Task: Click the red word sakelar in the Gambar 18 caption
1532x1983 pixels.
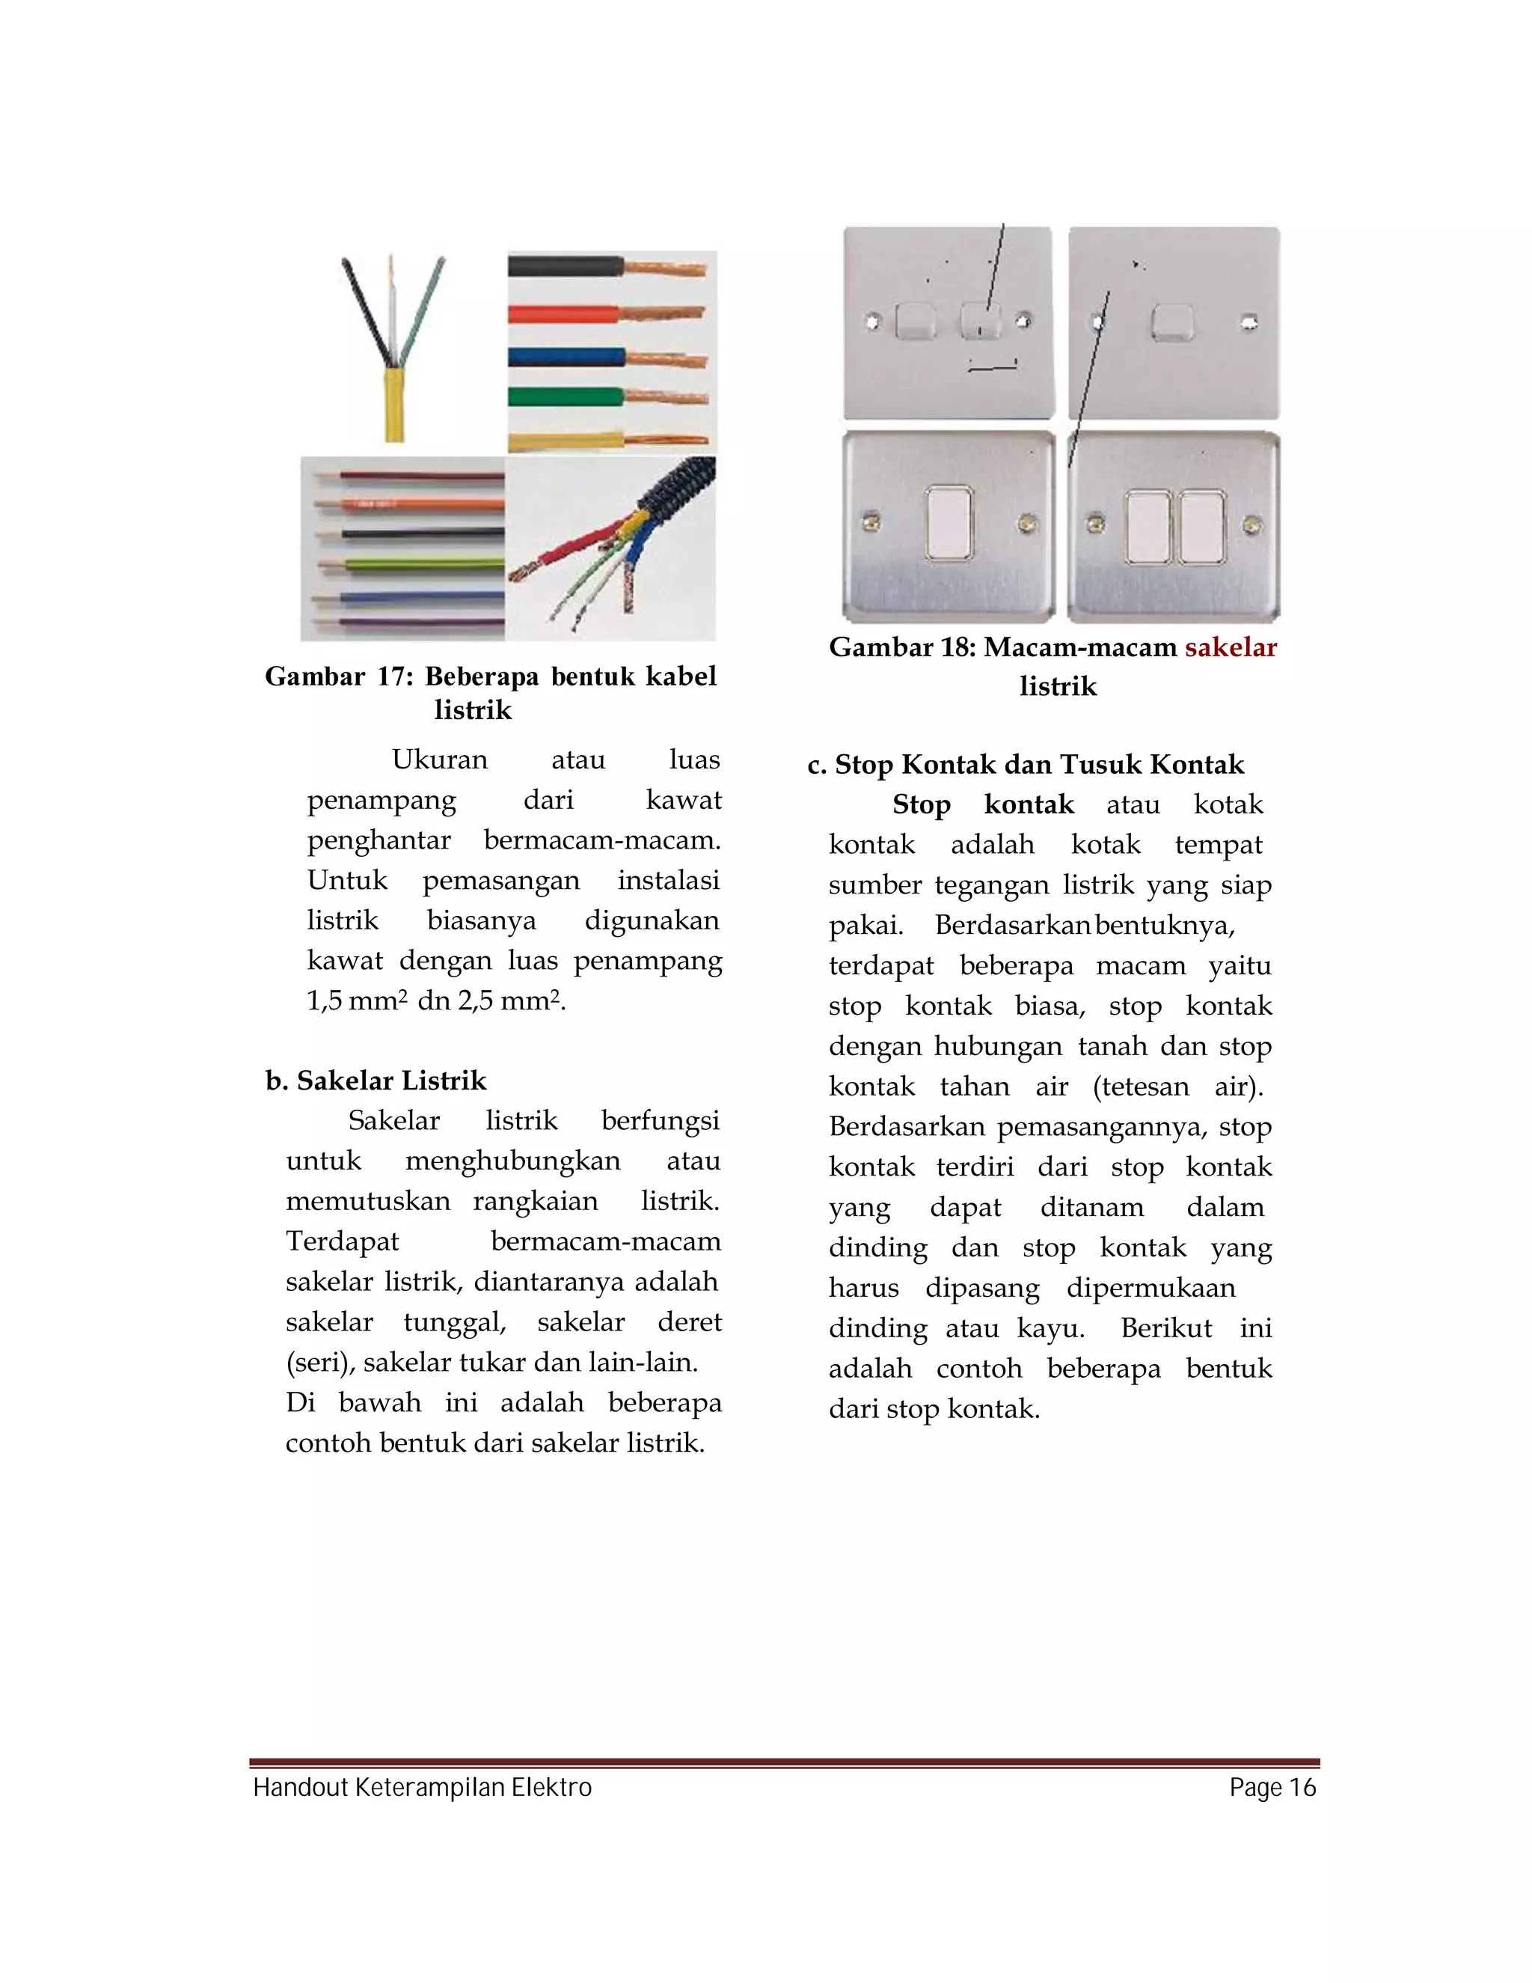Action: [x=1230, y=647]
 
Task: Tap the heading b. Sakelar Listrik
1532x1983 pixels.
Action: [x=376, y=1081]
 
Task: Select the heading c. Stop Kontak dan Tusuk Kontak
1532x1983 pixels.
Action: [x=1026, y=765]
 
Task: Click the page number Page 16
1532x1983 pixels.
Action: [x=1272, y=1788]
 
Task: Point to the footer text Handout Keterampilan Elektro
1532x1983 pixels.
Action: [x=422, y=1788]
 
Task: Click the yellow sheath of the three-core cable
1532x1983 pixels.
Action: [x=394, y=405]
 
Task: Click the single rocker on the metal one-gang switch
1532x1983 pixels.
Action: [x=949, y=525]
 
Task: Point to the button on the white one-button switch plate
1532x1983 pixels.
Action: [x=1173, y=323]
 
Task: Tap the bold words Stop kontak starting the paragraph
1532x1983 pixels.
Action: [x=983, y=804]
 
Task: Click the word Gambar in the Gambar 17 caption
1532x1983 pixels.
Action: [x=314, y=676]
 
